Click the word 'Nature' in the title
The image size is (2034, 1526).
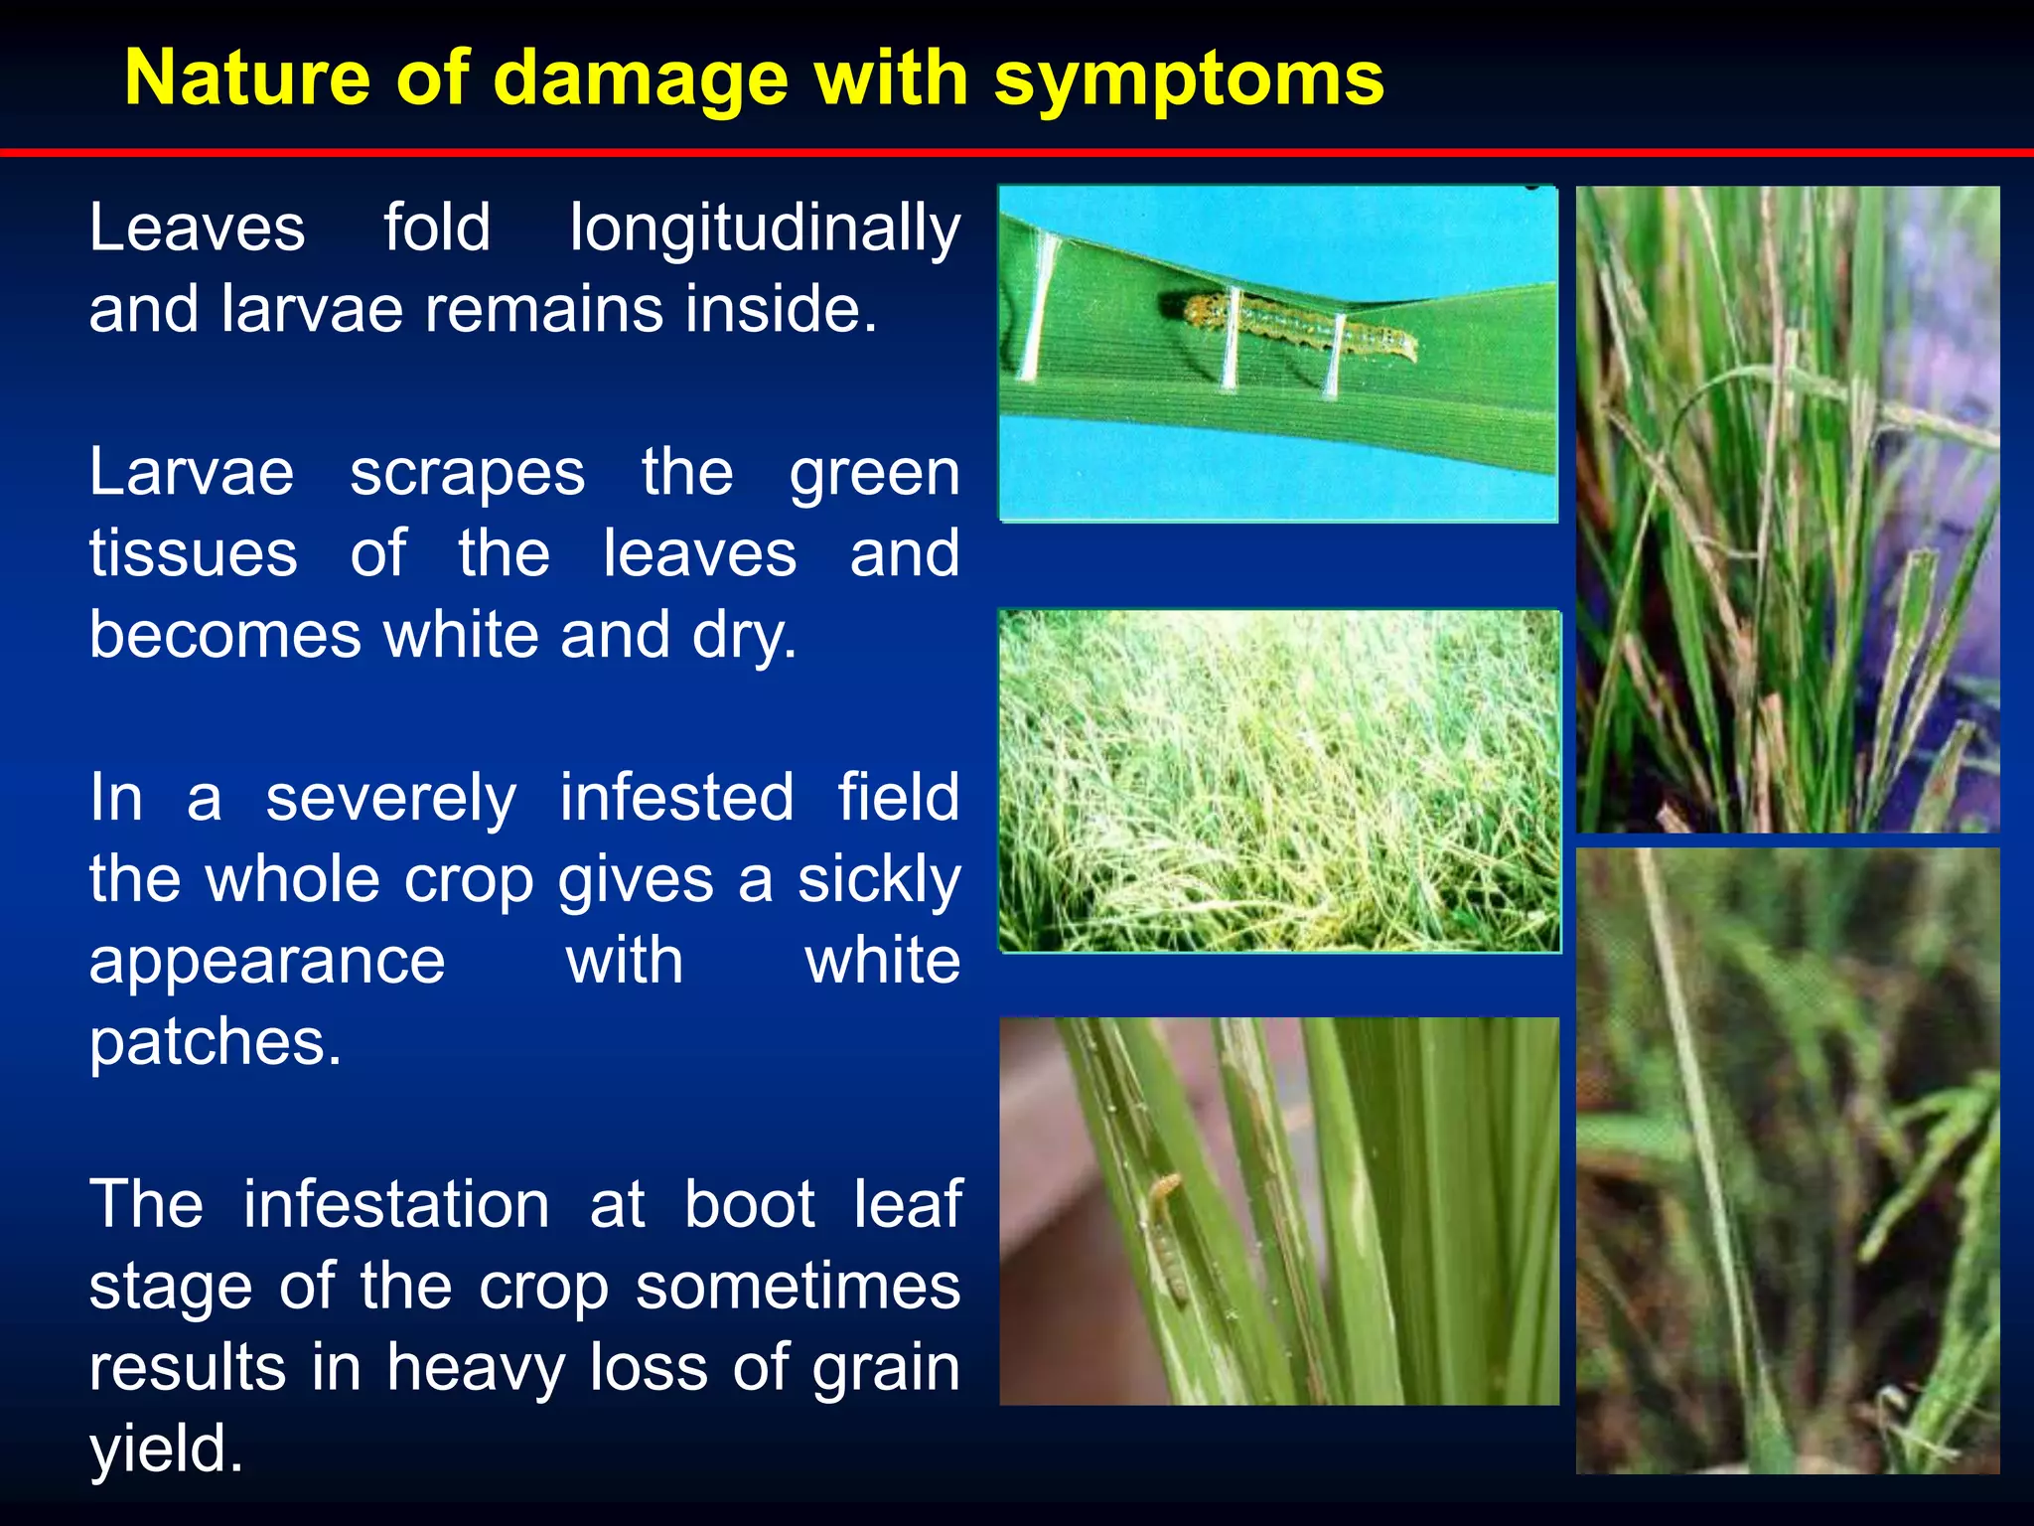pos(247,78)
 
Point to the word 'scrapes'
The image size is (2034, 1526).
pos(467,473)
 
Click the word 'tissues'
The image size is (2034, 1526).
pos(194,554)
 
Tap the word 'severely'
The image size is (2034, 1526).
pos(390,799)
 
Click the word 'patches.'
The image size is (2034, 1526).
pos(216,1043)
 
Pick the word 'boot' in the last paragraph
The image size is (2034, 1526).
pos(750,1205)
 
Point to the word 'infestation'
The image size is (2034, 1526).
pos(396,1205)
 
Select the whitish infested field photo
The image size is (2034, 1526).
pos(1279,782)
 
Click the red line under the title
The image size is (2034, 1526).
pos(1017,152)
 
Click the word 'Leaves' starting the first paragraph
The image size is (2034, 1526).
pos(197,229)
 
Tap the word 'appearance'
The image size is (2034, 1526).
pos(267,962)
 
